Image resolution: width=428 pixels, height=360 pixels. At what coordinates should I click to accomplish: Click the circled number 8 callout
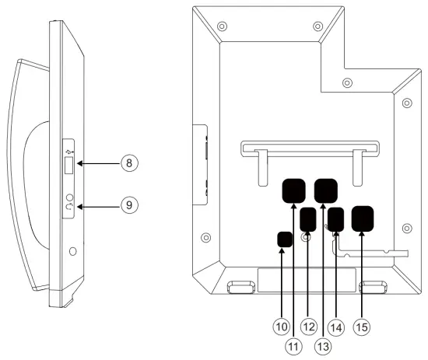coord(129,163)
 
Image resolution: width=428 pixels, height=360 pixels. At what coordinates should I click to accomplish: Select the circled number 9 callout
coord(129,205)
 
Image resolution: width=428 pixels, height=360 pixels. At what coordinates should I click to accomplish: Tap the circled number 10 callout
coord(282,327)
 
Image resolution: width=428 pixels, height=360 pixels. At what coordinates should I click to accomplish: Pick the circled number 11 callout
coord(293,346)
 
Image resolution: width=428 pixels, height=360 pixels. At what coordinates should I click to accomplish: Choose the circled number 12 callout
coord(309,327)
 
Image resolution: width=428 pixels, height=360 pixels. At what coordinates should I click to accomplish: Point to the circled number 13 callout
coord(323,346)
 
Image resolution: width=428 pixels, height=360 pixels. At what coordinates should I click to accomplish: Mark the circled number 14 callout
coord(336,327)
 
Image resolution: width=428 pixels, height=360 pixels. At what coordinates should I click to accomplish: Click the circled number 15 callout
coord(362,327)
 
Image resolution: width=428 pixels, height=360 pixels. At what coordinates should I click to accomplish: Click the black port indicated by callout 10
coord(285,239)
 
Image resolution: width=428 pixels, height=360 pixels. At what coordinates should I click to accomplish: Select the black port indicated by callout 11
coord(293,191)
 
